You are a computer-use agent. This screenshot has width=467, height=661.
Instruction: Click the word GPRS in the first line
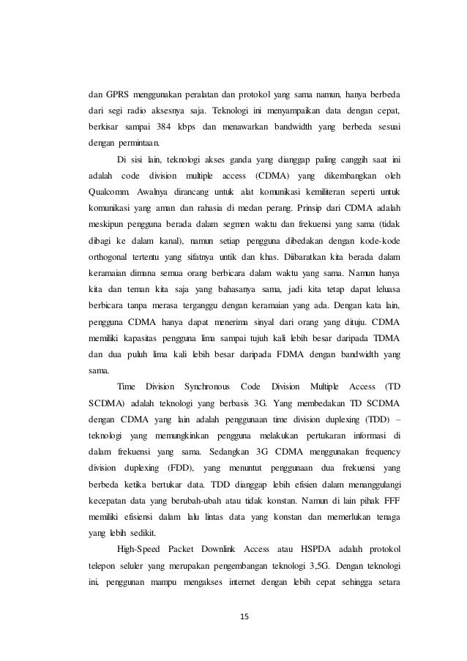117,94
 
